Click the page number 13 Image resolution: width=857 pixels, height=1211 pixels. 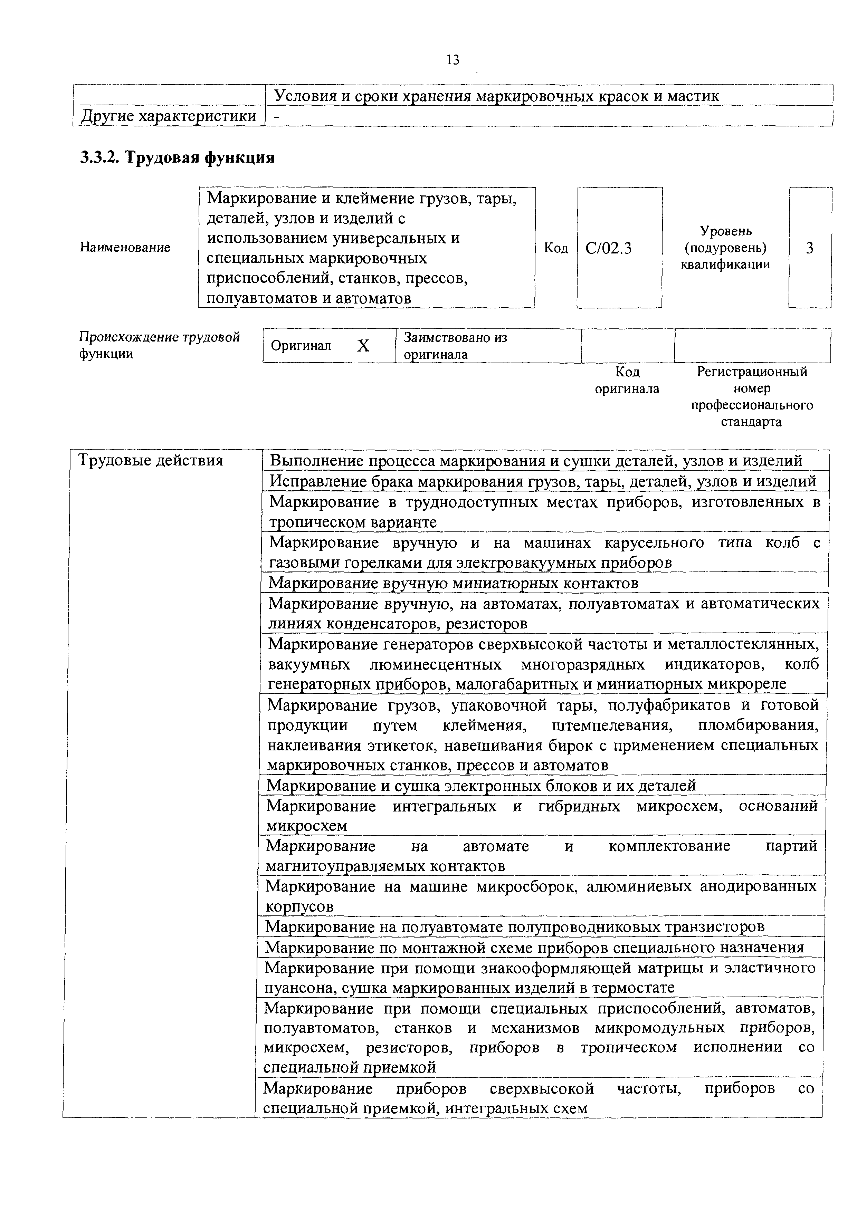(x=453, y=60)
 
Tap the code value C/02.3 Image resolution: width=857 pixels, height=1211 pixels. (x=608, y=248)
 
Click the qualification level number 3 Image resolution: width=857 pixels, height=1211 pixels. (x=810, y=248)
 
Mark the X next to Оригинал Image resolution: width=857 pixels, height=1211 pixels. (x=363, y=346)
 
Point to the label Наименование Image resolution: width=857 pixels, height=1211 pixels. (x=125, y=247)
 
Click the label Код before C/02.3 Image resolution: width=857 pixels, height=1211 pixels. (x=556, y=248)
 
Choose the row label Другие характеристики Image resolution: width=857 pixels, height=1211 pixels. (x=168, y=116)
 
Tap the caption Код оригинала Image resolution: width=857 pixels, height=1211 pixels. (x=627, y=380)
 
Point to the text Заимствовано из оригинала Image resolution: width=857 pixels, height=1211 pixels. (x=455, y=346)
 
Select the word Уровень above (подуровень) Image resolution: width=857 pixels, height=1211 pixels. (x=726, y=231)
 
